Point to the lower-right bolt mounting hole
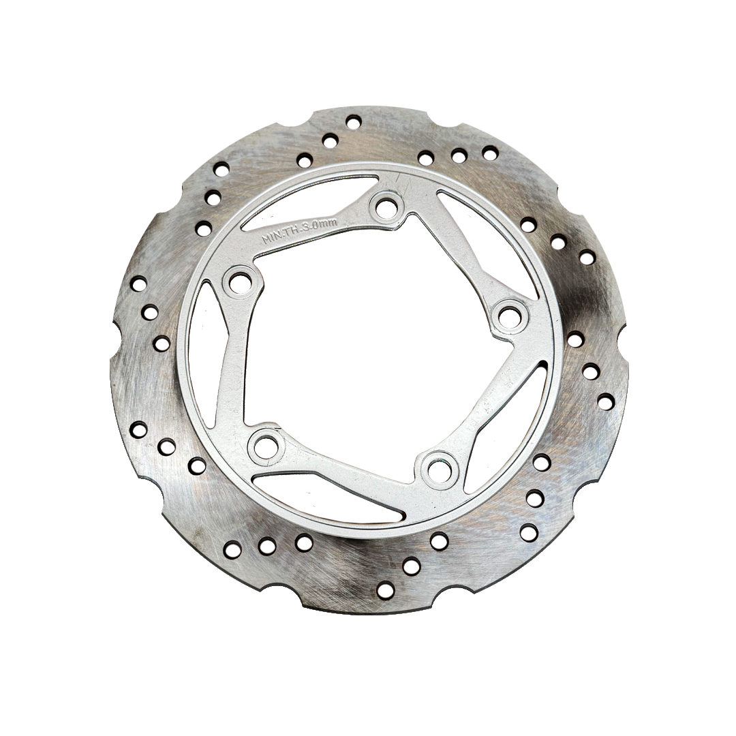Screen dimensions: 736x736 point(439,467)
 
